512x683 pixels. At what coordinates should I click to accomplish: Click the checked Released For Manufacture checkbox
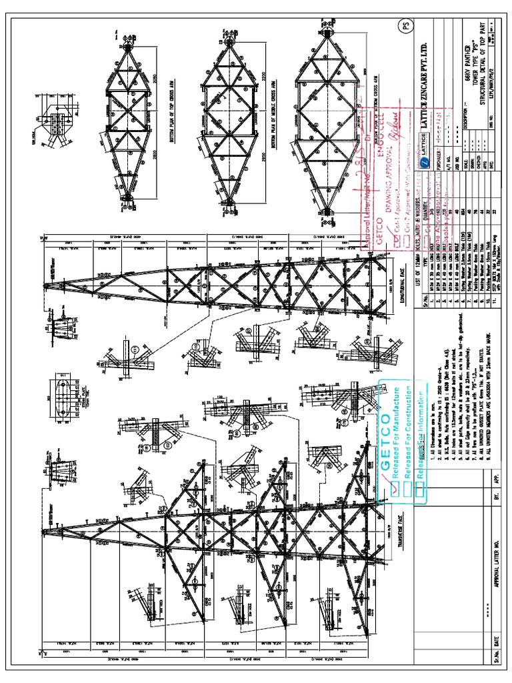(x=396, y=489)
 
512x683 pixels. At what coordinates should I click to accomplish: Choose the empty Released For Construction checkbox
(x=407, y=488)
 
